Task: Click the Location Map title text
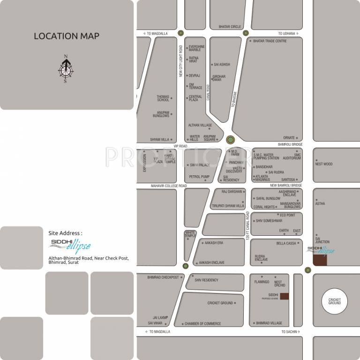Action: pyautogui.click(x=66, y=36)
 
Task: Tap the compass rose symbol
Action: pyautogui.click(x=66, y=69)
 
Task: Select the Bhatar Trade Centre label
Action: pyautogui.click(x=270, y=41)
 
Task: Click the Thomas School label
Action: pyautogui.click(x=163, y=98)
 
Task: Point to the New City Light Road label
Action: pyautogui.click(x=180, y=61)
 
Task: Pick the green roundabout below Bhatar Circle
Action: pyautogui.click(x=246, y=33)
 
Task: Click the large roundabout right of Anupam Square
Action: pyautogui.click(x=230, y=140)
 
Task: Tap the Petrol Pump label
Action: pyautogui.click(x=199, y=177)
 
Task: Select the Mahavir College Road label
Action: pyautogui.click(x=169, y=186)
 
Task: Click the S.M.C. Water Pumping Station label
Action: pyautogui.click(x=266, y=156)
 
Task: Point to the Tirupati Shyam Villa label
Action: pyautogui.click(x=228, y=206)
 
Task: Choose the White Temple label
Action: pyautogui.click(x=190, y=234)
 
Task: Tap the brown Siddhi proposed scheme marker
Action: pyautogui.click(x=284, y=296)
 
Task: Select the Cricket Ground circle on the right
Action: pyautogui.click(x=334, y=301)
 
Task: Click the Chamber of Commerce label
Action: pyautogui.click(x=202, y=323)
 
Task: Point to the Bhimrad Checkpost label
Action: pyautogui.click(x=163, y=277)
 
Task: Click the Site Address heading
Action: pyautogui.click(x=65, y=232)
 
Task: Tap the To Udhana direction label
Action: pyautogui.click(x=286, y=33)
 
